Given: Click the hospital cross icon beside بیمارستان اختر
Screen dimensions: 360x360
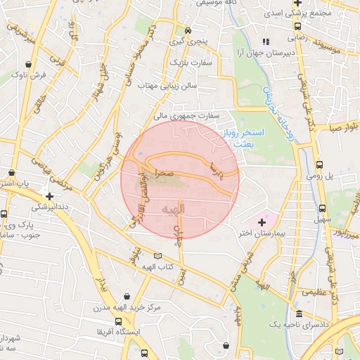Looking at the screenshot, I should point(262,222).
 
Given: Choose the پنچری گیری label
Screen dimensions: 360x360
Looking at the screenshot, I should point(191,42).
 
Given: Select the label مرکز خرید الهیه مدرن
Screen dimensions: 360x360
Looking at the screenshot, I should point(127,307).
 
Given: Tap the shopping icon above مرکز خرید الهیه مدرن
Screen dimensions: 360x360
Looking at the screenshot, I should point(127,296).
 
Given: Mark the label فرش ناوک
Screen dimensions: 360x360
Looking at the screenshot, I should point(33,73).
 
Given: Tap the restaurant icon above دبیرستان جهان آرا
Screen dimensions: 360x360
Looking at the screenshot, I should point(266,42).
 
